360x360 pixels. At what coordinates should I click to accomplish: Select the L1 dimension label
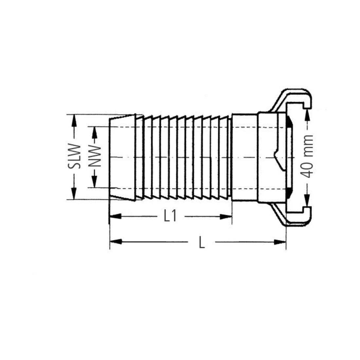pyautogui.click(x=170, y=216)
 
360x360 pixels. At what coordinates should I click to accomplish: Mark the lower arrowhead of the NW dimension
pyautogui.click(x=94, y=181)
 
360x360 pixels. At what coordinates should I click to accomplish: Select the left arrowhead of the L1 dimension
pyautogui.click(x=116, y=216)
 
